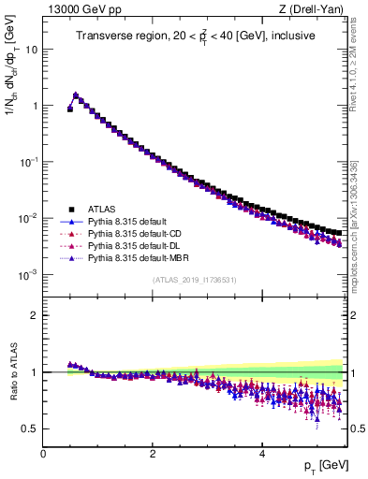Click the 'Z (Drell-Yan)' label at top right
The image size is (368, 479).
(x=316, y=8)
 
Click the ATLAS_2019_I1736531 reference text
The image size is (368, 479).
(x=195, y=280)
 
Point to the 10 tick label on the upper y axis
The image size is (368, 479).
(x=32, y=50)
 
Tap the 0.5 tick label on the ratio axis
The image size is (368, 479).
(x=31, y=428)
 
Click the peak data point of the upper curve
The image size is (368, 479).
(x=76, y=94)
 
